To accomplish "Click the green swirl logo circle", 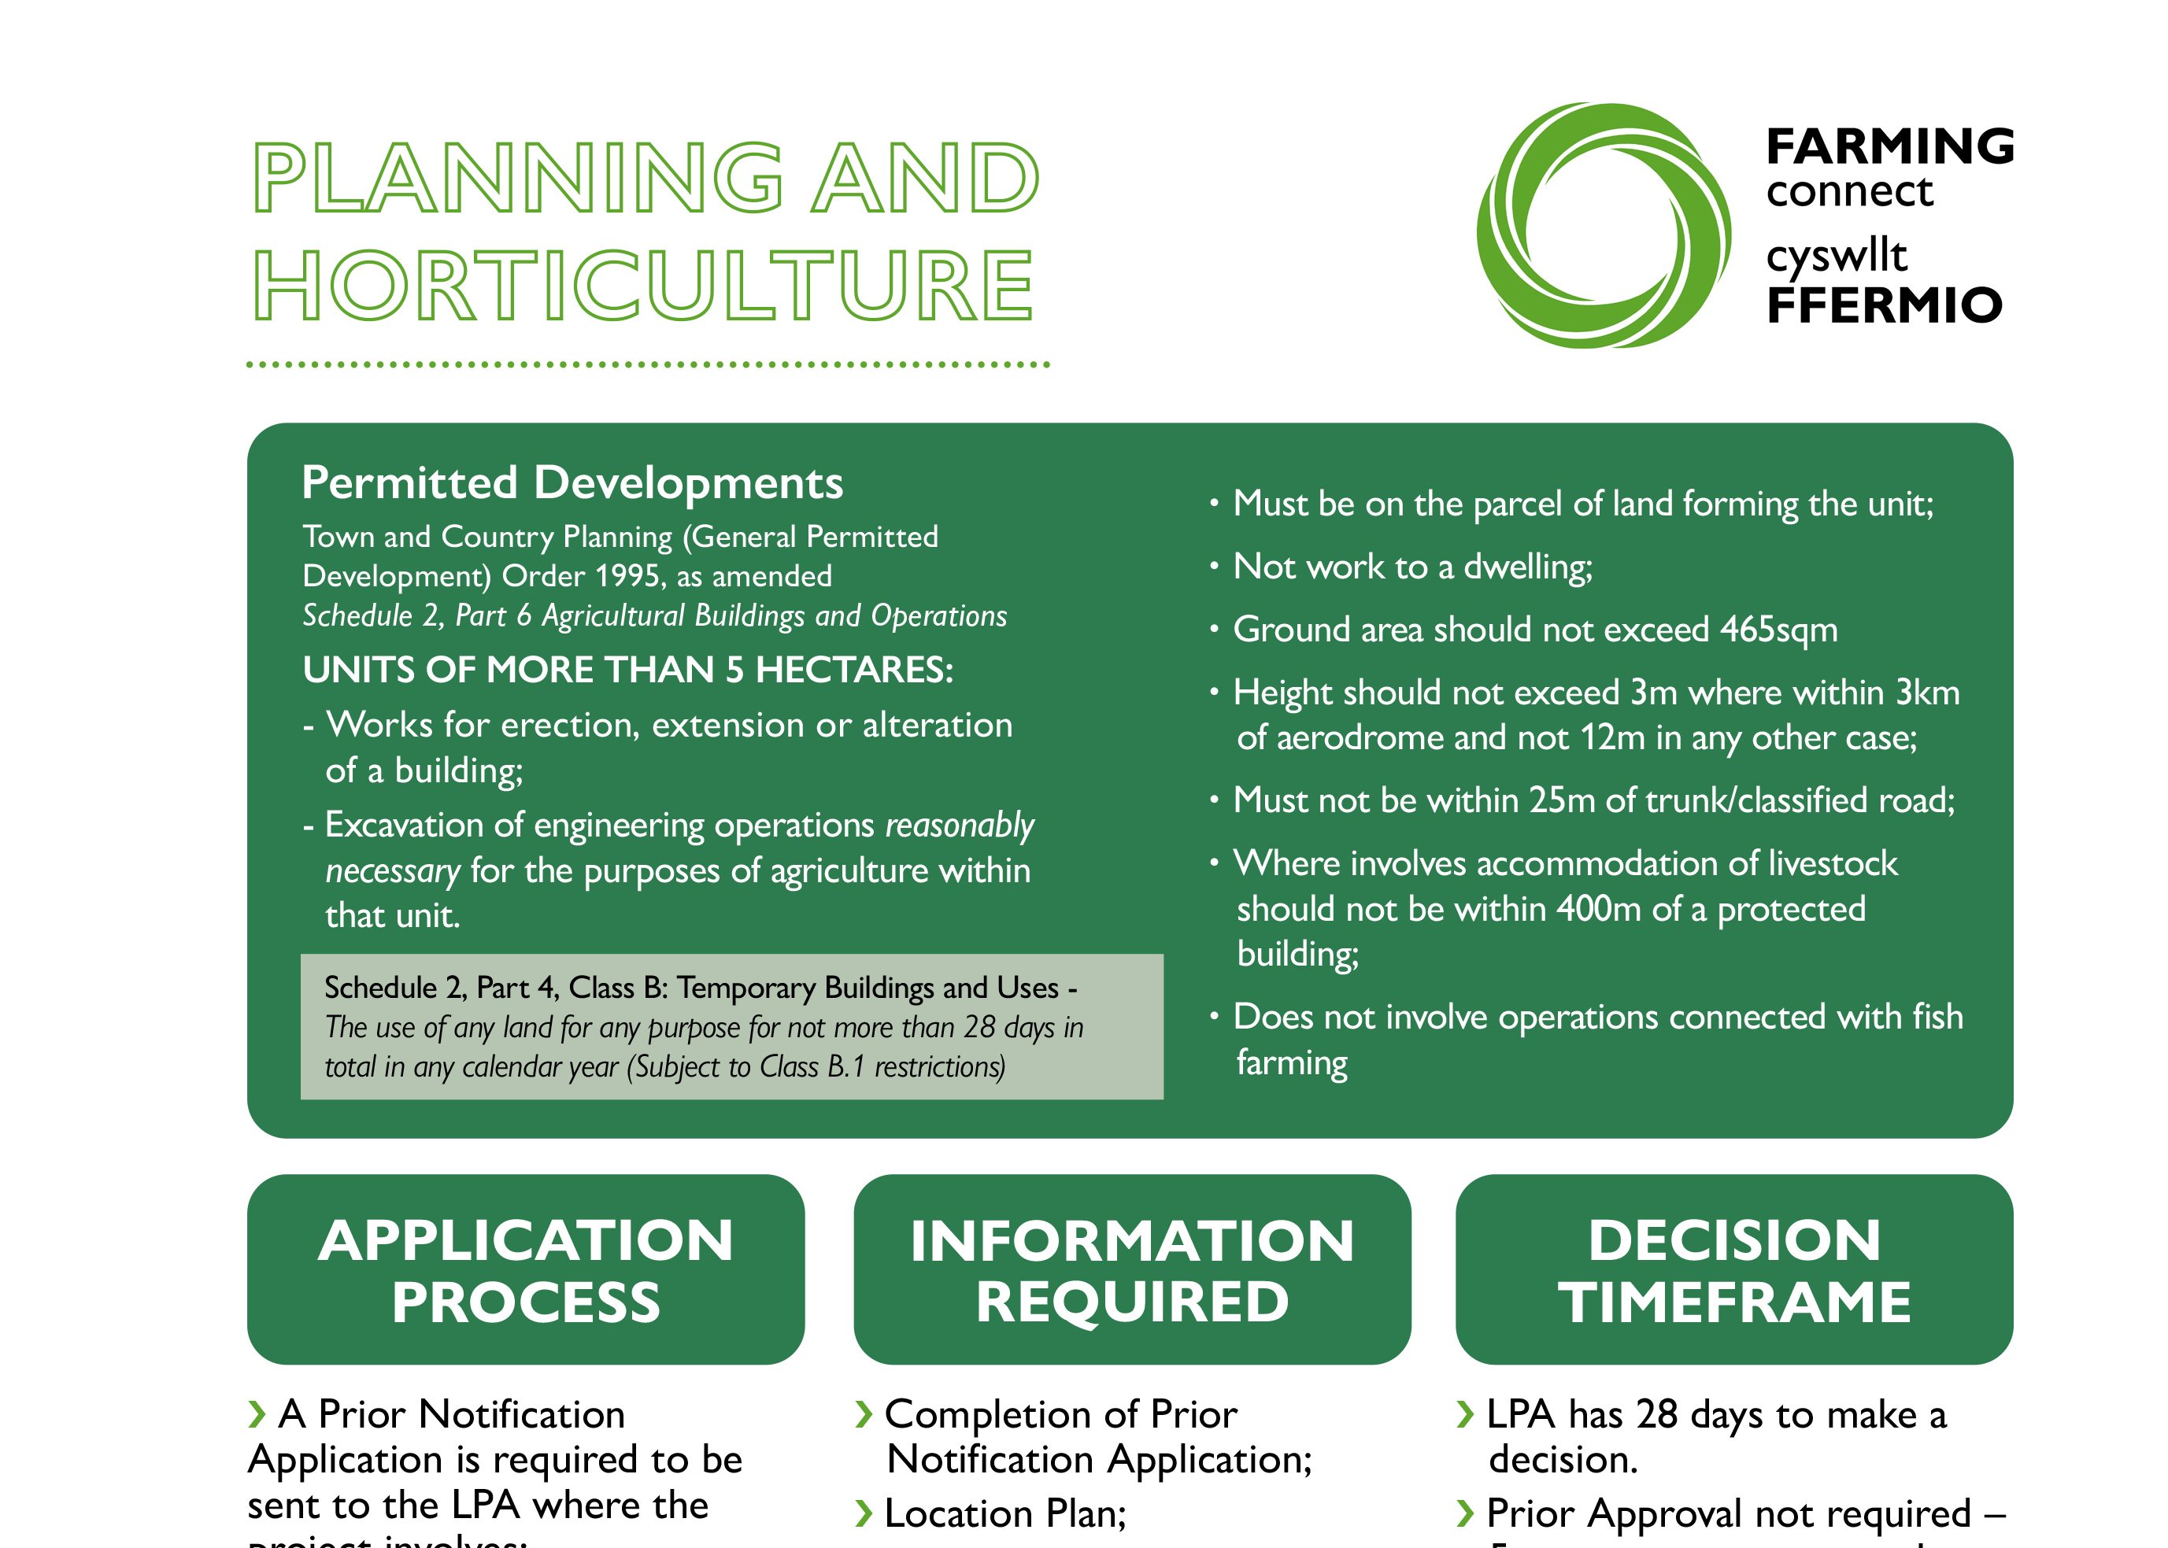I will coord(1603,226).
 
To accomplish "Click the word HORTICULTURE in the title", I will coord(643,285).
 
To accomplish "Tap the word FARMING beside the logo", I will coord(1889,147).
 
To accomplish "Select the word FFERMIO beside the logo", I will coord(1883,306).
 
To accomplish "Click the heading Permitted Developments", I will coord(572,482).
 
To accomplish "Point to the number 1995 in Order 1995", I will coord(627,576).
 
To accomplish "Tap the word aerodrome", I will coord(1359,737).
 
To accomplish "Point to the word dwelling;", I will coord(1527,567).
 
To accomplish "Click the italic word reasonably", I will coord(959,826).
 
